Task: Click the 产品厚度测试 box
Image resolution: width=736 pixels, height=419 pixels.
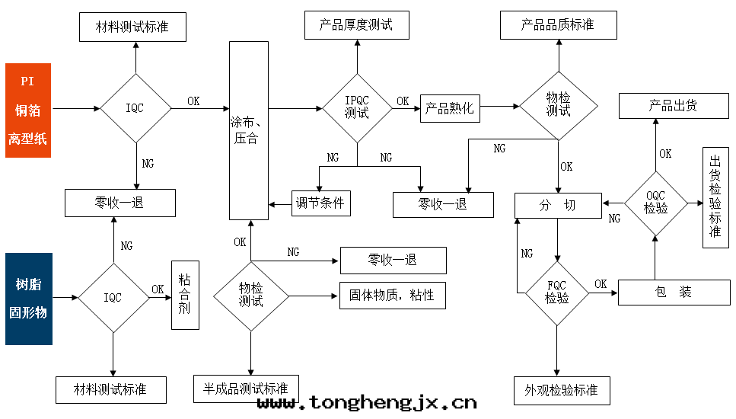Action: point(357,25)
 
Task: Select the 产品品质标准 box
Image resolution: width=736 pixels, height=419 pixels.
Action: point(558,25)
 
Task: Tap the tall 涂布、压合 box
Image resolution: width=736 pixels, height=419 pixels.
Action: point(248,130)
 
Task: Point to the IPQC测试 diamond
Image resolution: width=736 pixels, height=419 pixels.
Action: point(357,108)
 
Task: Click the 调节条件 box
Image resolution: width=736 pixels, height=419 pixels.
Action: point(320,203)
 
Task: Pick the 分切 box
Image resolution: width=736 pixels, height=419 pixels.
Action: point(558,206)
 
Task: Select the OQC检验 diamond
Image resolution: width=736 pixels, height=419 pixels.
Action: point(655,203)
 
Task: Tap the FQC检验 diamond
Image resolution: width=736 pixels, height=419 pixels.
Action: point(557,292)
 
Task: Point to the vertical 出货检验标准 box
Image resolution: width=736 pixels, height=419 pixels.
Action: point(715,197)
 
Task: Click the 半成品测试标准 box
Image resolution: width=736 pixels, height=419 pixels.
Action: point(246,389)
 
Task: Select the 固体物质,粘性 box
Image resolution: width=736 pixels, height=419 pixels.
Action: point(392,295)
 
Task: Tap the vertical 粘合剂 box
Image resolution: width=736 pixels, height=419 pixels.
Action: point(185,294)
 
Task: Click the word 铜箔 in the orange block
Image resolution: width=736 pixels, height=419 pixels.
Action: point(28,110)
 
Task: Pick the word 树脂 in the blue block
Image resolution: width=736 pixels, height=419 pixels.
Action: point(29,285)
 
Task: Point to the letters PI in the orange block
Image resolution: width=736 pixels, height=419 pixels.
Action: point(28,81)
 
